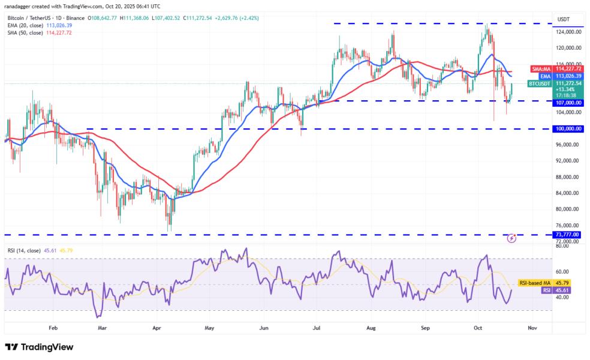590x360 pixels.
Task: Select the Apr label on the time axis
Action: point(156,329)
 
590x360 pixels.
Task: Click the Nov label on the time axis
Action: point(531,329)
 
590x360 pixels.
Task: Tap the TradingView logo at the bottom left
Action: point(39,347)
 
